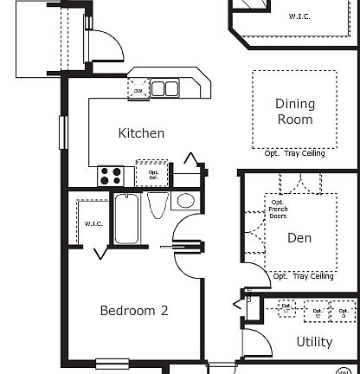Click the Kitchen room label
(141, 133)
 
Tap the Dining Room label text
(295, 112)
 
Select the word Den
(299, 238)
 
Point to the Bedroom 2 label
(133, 311)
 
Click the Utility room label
(314, 342)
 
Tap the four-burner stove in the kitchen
(110, 176)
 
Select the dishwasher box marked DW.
(138, 89)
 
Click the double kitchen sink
(164, 88)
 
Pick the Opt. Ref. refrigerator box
(153, 173)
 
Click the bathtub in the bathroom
(125, 219)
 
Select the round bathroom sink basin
(184, 201)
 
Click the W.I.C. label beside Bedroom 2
(93, 224)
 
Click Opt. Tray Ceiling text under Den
(302, 277)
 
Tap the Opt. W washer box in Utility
(318, 311)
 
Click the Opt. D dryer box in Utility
(344, 311)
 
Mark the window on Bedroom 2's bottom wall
(112, 364)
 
